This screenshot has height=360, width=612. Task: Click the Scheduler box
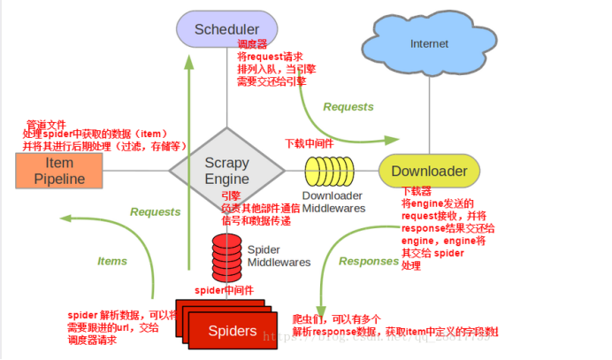point(226,28)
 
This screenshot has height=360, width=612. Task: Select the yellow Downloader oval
point(429,171)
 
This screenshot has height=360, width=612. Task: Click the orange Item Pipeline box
point(59,171)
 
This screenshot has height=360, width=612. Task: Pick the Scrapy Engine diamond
point(226,171)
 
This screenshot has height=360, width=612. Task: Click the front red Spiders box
point(232,332)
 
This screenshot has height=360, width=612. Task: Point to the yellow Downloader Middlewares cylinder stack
point(331,171)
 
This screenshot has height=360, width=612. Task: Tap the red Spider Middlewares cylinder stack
point(226,255)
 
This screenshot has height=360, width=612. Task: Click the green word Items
point(112,261)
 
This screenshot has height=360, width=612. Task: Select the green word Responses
point(369,261)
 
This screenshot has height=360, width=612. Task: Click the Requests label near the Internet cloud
point(348,107)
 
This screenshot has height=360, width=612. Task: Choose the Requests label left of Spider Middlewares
point(155,212)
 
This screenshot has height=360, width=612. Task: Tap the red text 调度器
point(253,43)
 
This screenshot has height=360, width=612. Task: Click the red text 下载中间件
point(310,142)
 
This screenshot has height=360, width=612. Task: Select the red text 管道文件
point(45,123)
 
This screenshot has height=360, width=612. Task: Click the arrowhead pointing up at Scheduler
point(189,62)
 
